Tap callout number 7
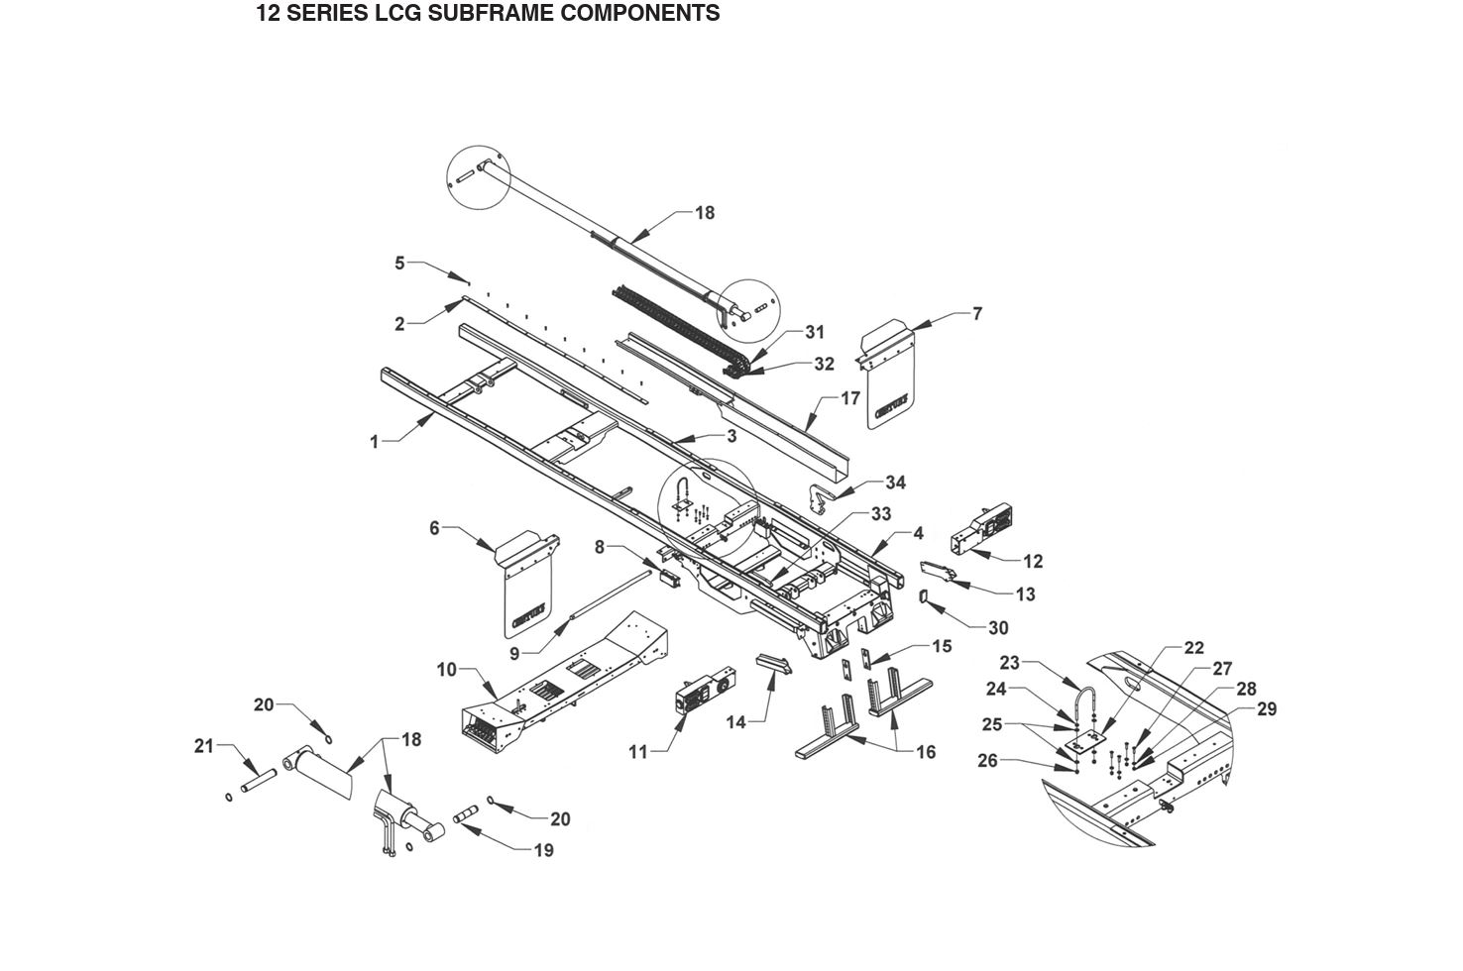977,314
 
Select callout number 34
895,483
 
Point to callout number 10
446,670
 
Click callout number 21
204,746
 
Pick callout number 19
543,850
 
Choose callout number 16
925,752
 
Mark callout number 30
998,628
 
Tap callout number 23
1009,662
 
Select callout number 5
399,263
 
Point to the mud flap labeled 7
888,381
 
